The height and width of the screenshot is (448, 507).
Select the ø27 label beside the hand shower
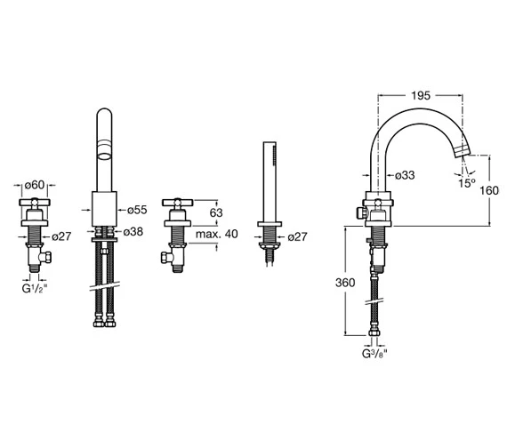click(x=300, y=236)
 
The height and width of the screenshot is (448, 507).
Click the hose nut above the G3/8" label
click(x=374, y=338)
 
